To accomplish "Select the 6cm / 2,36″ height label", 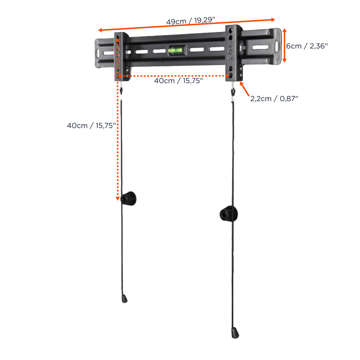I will click(x=307, y=46).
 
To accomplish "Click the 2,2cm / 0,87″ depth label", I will click(x=274, y=98).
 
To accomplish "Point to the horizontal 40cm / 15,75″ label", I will click(x=178, y=81).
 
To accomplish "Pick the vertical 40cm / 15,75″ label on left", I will click(x=91, y=126).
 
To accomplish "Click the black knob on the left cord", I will click(x=129, y=198).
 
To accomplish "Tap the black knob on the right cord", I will click(x=228, y=213).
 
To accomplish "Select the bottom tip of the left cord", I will click(x=125, y=299).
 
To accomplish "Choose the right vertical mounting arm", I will click(x=233, y=52).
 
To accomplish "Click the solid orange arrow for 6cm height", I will click(x=284, y=46).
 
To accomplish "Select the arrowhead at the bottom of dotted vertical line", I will click(x=117, y=198).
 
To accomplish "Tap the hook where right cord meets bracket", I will click(x=233, y=88).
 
